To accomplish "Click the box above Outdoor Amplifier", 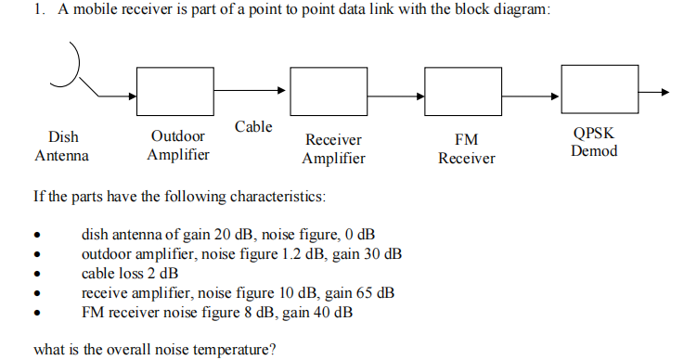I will [x=174, y=91].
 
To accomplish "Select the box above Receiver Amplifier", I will [x=327, y=91].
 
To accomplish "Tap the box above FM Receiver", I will [x=460, y=91].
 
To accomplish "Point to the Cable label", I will [x=253, y=126].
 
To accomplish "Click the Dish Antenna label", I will [x=62, y=147].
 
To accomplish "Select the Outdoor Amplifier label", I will [x=178, y=146].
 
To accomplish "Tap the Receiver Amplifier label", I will [x=333, y=149].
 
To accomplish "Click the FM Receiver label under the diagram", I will [x=466, y=149].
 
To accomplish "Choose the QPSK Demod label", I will [x=594, y=142].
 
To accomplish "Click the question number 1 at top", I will [x=36, y=11].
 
